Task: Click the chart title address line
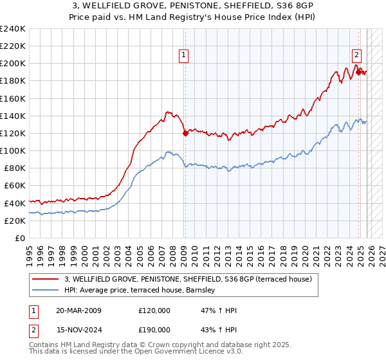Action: pyautogui.click(x=193, y=6)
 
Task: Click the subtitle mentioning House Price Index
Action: pyautogui.click(x=193, y=17)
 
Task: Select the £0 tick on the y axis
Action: pyautogui.click(x=20, y=238)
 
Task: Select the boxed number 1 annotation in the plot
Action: pyautogui.click(x=184, y=56)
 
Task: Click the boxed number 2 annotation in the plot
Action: pyautogui.click(x=356, y=56)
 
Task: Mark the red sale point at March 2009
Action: pyautogui.click(x=185, y=134)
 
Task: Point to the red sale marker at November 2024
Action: pyautogui.click(x=358, y=72)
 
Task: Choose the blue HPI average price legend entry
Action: pyautogui.click(x=142, y=291)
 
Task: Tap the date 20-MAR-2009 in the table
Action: pyautogui.click(x=78, y=310)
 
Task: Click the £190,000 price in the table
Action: pyautogui.click(x=154, y=330)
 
